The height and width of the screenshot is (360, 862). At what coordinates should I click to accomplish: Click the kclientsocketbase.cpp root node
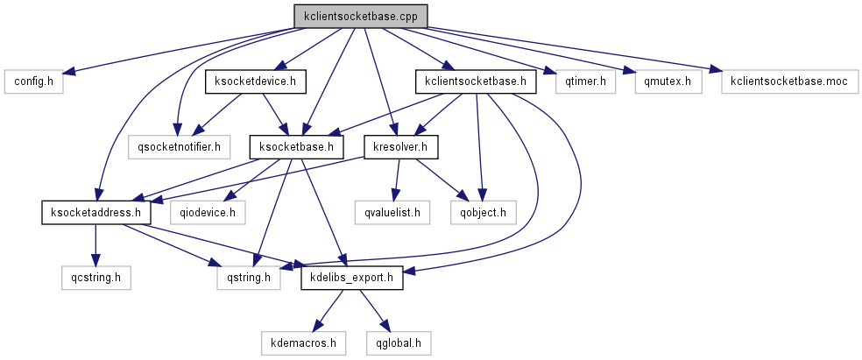coord(360,16)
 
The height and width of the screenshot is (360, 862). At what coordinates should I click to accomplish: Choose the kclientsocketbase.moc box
coord(788,82)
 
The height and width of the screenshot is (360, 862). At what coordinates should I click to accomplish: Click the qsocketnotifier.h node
coord(179,146)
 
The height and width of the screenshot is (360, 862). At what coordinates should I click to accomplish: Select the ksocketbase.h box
coord(296,146)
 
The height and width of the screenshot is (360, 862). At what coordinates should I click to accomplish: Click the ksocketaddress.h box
coord(95,211)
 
